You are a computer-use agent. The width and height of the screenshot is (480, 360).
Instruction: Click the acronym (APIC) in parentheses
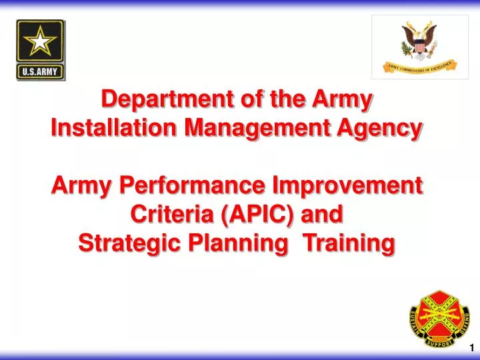pos(258,214)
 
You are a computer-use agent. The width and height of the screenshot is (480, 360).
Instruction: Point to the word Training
pos(349,243)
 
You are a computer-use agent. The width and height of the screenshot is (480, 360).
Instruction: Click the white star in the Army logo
pos(41,43)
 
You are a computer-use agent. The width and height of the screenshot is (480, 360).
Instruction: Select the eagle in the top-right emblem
pos(420,39)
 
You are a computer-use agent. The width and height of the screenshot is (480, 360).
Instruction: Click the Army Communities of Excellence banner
pos(420,65)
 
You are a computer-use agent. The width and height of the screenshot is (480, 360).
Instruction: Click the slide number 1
pos(471,347)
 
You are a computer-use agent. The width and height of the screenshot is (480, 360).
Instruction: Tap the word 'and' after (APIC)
pos(325,214)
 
